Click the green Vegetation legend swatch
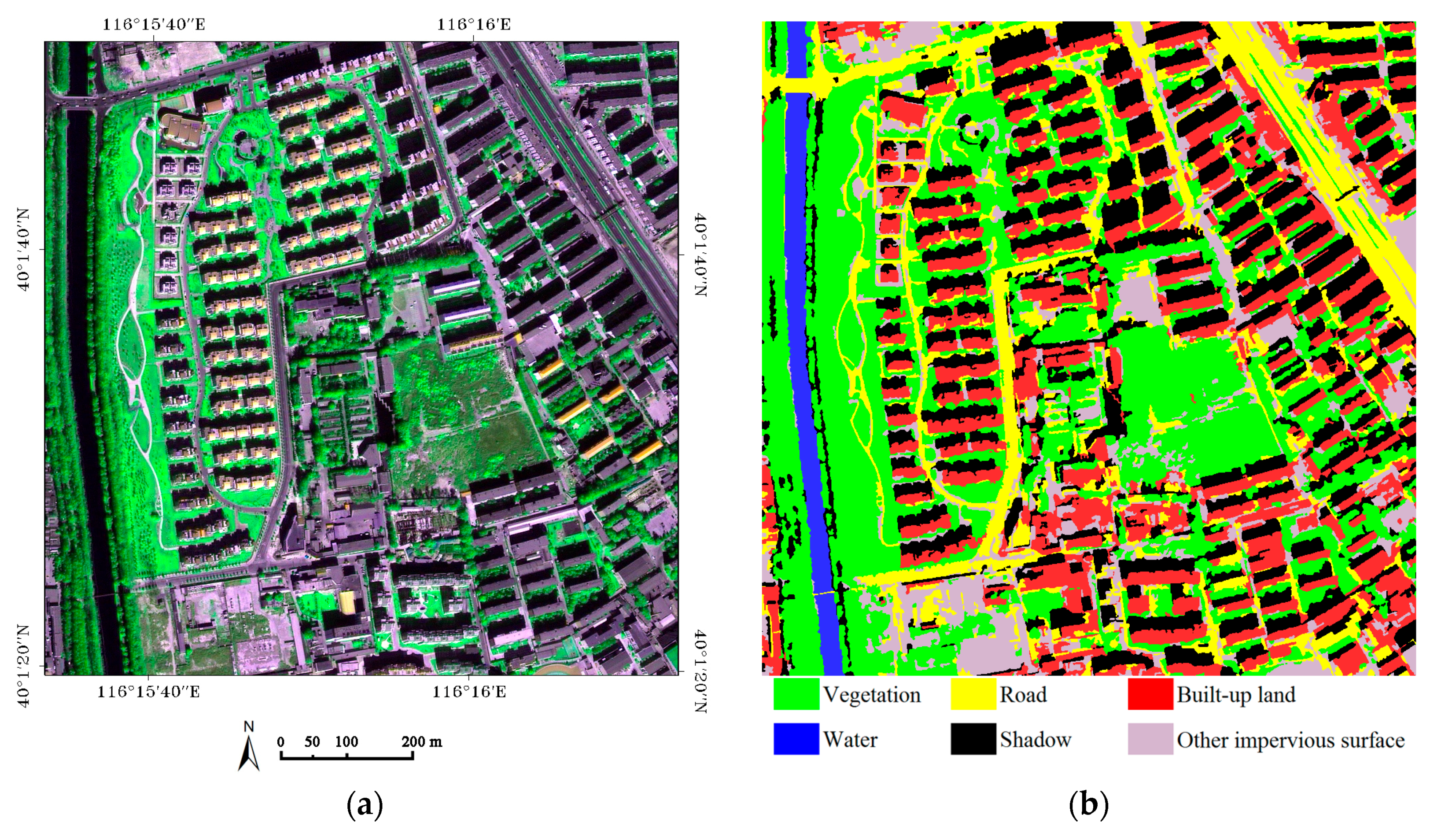796,694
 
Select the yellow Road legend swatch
973,694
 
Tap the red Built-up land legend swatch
1150,694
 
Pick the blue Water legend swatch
796,739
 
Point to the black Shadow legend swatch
973,739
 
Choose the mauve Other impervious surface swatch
1150,739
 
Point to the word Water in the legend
850,739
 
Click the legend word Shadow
1035,739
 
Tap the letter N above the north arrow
249,727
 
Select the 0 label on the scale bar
281,741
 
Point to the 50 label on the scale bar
312,741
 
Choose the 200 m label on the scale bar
422,741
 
